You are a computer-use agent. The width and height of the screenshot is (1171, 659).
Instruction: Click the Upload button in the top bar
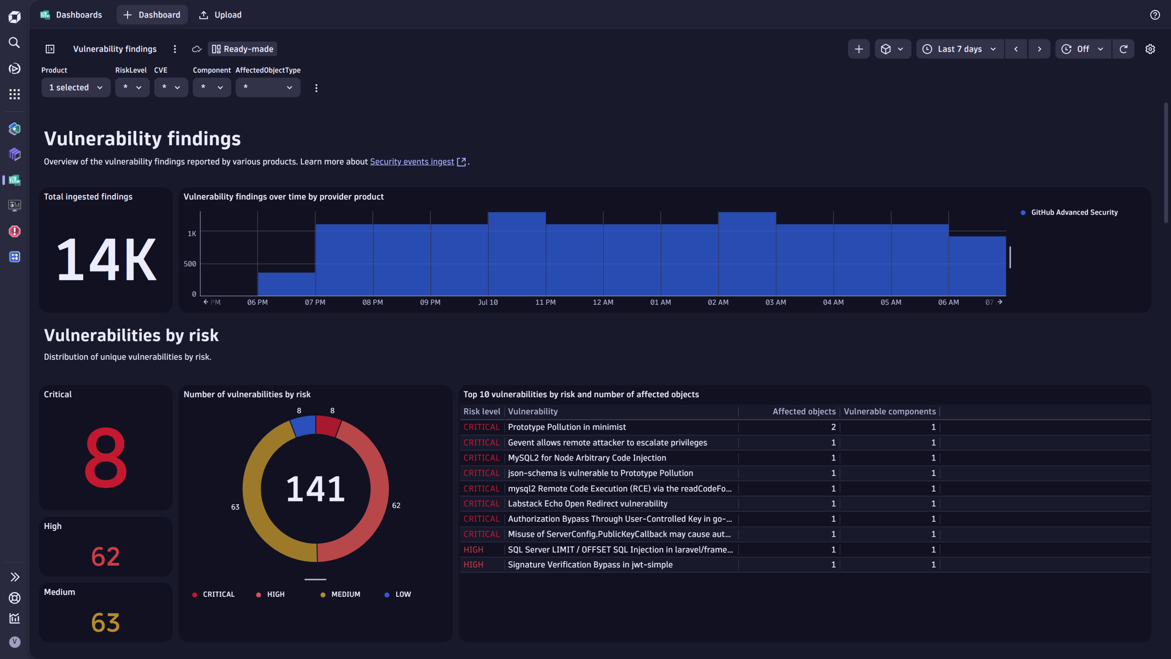click(x=220, y=15)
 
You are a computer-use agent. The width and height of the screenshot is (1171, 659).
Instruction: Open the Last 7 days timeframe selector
click(x=959, y=49)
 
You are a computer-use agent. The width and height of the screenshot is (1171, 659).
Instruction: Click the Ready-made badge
click(x=242, y=49)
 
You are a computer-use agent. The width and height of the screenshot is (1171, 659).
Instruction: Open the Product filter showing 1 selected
click(x=76, y=87)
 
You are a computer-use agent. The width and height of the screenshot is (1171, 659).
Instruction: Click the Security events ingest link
click(x=412, y=162)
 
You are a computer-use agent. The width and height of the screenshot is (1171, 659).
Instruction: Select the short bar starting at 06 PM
click(x=286, y=284)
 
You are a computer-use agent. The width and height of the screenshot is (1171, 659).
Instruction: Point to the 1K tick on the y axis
click(x=192, y=233)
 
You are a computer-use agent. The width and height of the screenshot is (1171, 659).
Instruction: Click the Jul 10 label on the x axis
click(x=488, y=302)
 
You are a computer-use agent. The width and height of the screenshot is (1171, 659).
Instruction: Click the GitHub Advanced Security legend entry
click(x=1074, y=212)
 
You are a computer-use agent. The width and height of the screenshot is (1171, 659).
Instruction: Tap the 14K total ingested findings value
click(x=106, y=259)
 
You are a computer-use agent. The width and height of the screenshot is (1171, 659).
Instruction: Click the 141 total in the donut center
click(x=316, y=489)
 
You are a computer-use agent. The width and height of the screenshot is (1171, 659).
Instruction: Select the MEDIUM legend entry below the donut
click(x=345, y=594)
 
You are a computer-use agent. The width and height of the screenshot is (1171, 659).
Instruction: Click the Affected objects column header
click(x=804, y=411)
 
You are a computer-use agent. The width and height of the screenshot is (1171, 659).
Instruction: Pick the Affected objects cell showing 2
click(x=833, y=427)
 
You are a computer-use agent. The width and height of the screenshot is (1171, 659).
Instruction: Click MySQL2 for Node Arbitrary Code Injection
click(x=587, y=458)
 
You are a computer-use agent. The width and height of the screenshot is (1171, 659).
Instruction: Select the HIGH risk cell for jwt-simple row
click(x=473, y=565)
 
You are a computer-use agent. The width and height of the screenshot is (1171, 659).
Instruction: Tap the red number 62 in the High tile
click(x=106, y=557)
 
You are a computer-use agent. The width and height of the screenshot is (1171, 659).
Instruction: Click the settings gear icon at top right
click(x=1150, y=49)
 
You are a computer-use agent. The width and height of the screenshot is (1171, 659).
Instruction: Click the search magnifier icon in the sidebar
click(x=15, y=43)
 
